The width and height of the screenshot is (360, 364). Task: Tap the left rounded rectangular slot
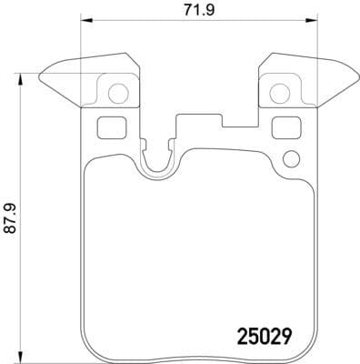tap(109, 127)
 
